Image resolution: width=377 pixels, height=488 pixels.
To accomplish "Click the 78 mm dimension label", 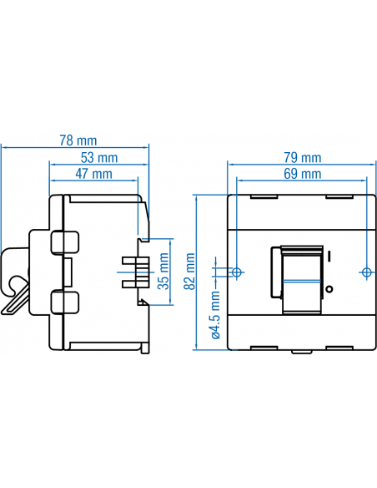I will pyautogui.click(x=76, y=140).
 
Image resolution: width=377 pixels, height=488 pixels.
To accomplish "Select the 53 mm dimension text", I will pyautogui.click(x=99, y=157).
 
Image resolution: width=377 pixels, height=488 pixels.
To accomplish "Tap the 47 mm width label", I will pyautogui.click(x=94, y=174).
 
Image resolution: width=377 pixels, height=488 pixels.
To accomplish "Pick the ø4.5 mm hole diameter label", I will pyautogui.click(x=215, y=316).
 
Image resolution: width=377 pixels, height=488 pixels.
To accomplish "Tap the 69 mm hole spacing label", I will pyautogui.click(x=302, y=174).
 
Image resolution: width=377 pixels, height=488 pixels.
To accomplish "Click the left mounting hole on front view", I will pyautogui.click(x=237, y=272).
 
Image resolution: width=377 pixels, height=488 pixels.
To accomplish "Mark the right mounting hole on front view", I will pyautogui.click(x=366, y=272).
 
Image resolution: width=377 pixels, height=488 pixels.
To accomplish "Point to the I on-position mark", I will pyautogui.click(x=330, y=256).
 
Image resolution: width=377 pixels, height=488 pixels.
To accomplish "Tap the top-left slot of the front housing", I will pyautogui.click(x=263, y=198).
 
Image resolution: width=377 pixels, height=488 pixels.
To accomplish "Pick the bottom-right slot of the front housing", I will pyautogui.click(x=339, y=346).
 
